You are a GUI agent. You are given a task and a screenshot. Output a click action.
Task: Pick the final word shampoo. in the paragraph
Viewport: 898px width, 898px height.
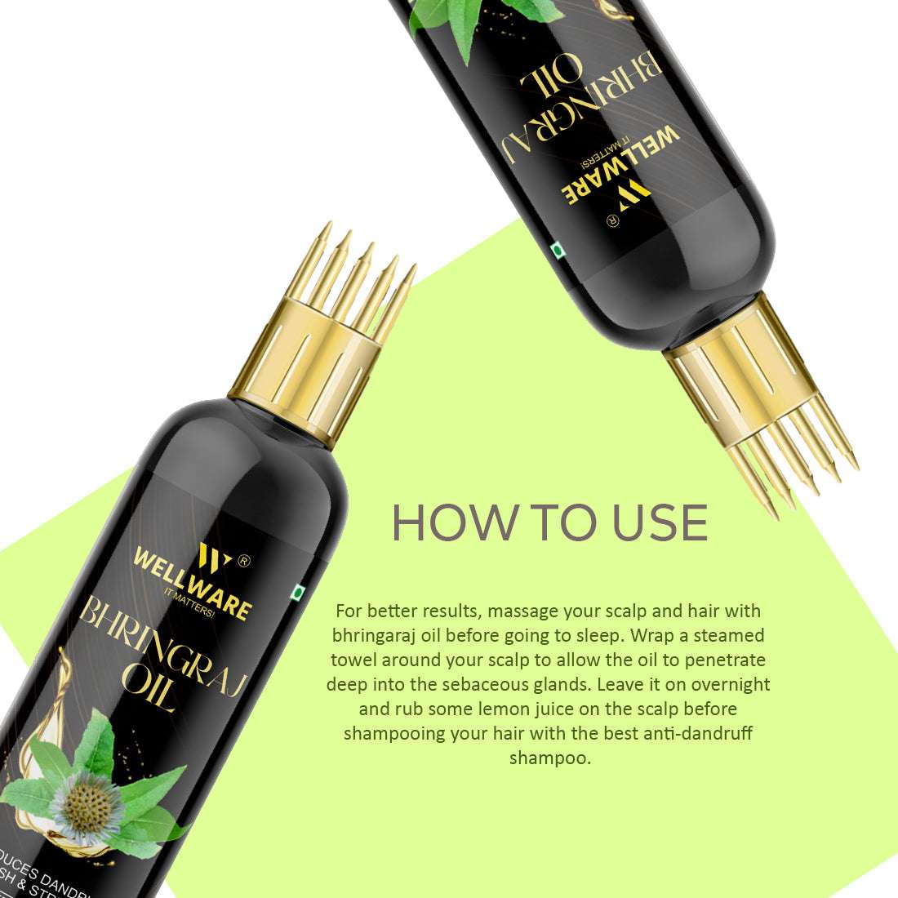point(549,758)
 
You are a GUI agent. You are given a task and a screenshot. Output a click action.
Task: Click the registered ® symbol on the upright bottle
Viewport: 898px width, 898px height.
point(242,561)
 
